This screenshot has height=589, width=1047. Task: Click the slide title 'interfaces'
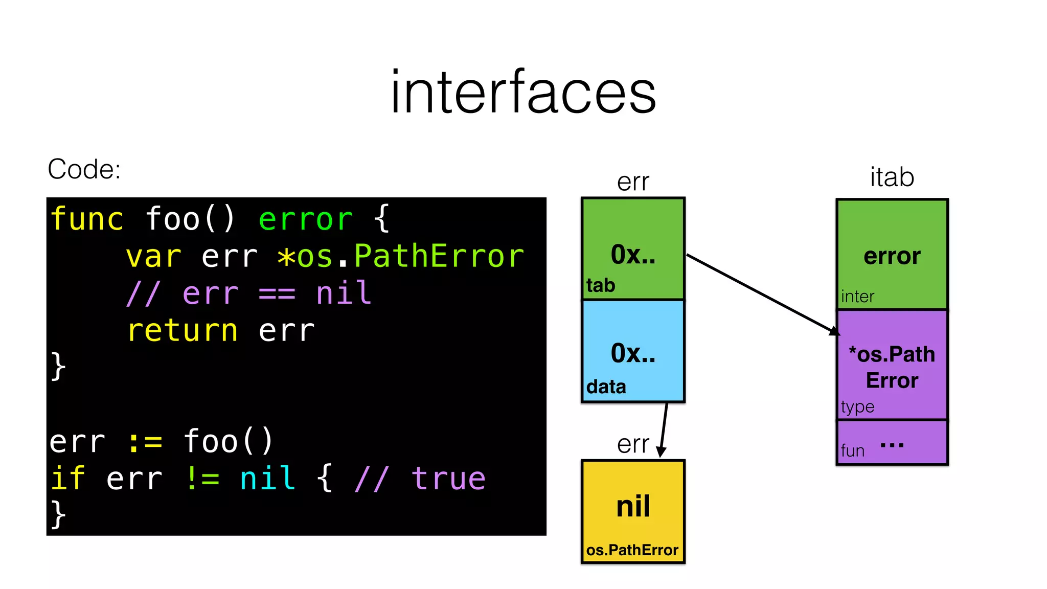coord(523,92)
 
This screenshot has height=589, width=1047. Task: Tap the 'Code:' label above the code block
coord(84,169)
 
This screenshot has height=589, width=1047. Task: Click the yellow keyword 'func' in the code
coord(87,219)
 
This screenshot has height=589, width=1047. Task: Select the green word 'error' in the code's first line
coord(305,219)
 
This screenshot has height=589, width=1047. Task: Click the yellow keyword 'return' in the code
coord(183,330)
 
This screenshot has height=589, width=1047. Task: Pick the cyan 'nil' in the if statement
coord(267,479)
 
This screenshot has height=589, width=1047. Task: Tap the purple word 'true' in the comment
coord(449,479)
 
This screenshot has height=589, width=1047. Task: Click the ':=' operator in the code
coord(145,442)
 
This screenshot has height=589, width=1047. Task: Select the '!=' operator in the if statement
coord(202,479)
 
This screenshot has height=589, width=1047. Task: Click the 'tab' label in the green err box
coord(601,285)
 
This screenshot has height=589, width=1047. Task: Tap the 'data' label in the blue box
coord(606,387)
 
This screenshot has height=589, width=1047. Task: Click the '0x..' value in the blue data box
coord(633,353)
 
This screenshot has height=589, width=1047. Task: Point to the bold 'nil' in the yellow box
coord(633,506)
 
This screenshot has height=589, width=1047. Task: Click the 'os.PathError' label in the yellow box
coord(632,550)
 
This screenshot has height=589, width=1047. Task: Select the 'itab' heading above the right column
coord(892,177)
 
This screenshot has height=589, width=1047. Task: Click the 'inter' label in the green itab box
coord(857,297)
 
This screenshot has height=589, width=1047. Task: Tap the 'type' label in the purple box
coord(857,407)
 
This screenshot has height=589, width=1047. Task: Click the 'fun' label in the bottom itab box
coord(852,451)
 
